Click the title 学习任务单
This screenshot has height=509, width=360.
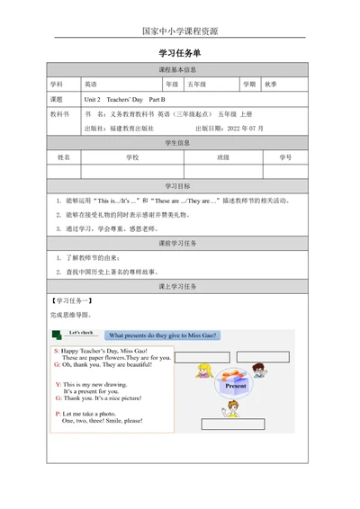(179, 53)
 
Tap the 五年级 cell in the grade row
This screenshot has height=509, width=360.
(195, 84)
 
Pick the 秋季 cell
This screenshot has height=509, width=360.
(270, 84)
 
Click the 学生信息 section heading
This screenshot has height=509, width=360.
(179, 143)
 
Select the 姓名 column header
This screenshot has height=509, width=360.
(65, 157)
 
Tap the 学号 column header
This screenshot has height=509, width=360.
(285, 157)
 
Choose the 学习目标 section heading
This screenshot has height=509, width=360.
(179, 185)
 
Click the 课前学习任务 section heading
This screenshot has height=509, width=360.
(179, 244)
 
